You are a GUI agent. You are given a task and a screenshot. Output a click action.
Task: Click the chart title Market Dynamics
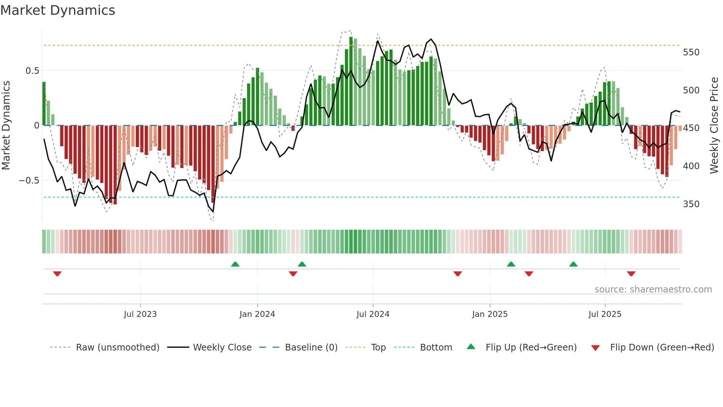[58, 10]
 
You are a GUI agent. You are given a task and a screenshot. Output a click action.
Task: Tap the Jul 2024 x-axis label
[373, 314]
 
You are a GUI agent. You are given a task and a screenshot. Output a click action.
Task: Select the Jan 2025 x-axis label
[490, 314]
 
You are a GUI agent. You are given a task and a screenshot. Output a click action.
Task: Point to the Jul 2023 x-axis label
[140, 314]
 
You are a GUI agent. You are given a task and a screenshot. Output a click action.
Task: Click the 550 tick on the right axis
[691, 52]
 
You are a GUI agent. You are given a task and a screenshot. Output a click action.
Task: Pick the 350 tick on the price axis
[691, 204]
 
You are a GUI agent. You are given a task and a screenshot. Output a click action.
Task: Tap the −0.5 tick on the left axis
[29, 181]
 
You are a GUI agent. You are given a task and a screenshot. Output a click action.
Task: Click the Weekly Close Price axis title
[714, 126]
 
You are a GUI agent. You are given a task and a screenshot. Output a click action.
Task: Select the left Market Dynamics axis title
[6, 126]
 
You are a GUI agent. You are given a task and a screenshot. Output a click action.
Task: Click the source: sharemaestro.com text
[653, 290]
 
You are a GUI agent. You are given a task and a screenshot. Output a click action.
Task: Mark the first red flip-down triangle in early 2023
[57, 274]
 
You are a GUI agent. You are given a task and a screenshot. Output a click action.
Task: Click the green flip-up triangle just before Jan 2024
[235, 264]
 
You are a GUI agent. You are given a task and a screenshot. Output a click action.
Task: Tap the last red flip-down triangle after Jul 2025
[631, 274]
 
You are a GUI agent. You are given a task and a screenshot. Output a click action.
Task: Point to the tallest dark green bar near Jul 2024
[351, 81]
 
